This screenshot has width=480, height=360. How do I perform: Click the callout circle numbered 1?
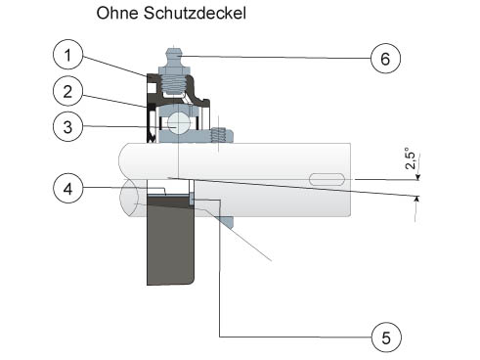[x=67, y=55]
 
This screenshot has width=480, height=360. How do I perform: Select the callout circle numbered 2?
[x=67, y=91]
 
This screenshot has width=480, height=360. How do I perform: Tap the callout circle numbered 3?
[x=67, y=126]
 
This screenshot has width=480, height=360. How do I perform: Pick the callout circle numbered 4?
[x=67, y=188]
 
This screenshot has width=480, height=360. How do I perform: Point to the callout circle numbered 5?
[x=386, y=337]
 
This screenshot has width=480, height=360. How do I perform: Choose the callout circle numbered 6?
[x=385, y=59]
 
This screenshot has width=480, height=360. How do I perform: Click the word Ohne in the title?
[x=117, y=13]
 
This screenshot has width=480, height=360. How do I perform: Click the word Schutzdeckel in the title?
[x=195, y=13]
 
